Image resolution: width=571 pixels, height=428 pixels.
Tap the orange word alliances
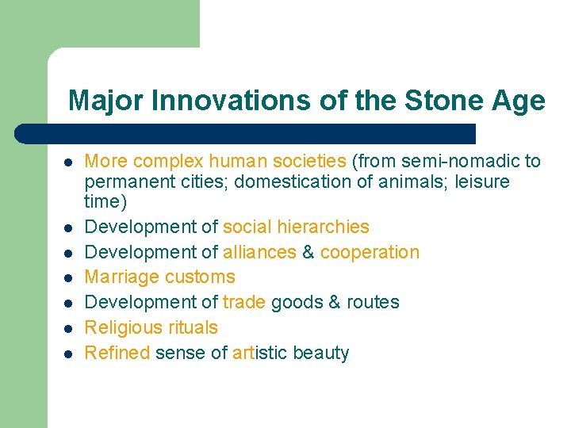[x=260, y=252]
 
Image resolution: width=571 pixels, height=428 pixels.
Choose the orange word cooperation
[x=370, y=252]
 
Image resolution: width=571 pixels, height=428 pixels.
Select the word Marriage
[x=120, y=277]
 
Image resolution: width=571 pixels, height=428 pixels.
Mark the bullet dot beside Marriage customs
[x=69, y=278]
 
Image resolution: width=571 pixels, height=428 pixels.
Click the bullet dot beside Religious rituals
[x=69, y=329]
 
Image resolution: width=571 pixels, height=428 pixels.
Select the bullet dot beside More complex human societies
[x=69, y=162]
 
